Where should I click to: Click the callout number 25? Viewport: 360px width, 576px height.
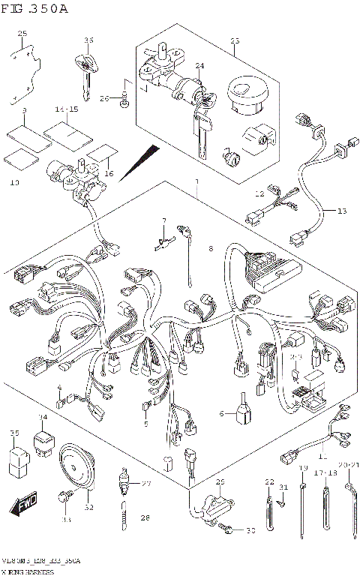[x=22, y=34]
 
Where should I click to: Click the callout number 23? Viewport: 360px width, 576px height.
[x=234, y=40]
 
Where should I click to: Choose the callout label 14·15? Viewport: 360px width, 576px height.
[x=66, y=109]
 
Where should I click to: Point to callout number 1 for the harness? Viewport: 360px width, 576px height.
[x=196, y=181]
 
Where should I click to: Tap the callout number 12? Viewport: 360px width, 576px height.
[x=260, y=194]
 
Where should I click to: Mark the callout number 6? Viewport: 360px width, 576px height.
[x=222, y=412]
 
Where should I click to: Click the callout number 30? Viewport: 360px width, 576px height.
[x=250, y=532]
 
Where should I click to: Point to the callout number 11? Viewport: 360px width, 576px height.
[x=323, y=455]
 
